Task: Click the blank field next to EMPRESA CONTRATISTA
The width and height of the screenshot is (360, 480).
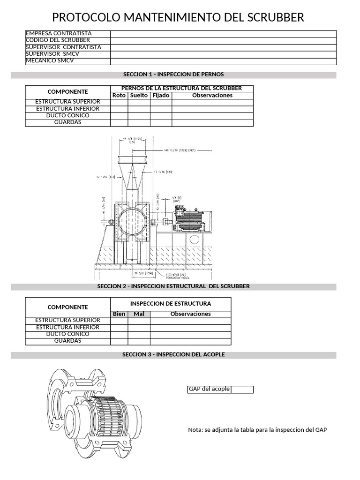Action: [223, 34]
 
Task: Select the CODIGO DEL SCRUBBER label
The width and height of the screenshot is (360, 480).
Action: [58, 40]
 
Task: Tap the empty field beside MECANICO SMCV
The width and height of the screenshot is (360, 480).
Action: [223, 61]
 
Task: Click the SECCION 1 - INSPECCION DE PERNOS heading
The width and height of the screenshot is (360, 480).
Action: [173, 75]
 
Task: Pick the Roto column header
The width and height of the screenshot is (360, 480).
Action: [119, 96]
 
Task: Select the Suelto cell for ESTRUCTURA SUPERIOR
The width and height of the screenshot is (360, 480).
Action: [139, 102]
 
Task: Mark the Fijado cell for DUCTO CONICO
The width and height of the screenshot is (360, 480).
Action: [161, 116]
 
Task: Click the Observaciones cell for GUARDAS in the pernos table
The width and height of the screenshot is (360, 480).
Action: [212, 123]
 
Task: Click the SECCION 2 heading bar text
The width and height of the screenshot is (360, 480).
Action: [173, 286]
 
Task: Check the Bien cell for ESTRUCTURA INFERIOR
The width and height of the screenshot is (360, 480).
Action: [119, 328]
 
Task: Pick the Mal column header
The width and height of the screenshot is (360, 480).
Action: [139, 314]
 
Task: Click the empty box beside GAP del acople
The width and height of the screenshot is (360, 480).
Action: [242, 390]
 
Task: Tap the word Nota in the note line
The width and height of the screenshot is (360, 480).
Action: [195, 430]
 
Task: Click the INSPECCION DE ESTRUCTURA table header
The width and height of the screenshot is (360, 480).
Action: [171, 304]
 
